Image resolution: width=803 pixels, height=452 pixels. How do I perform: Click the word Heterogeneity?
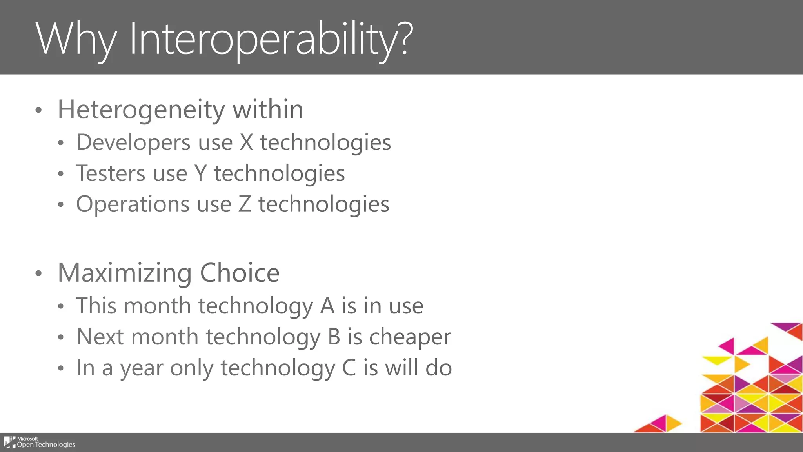tap(141, 110)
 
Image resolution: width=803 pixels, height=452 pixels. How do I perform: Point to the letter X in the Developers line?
tap(246, 142)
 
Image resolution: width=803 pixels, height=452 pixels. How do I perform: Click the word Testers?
tap(110, 173)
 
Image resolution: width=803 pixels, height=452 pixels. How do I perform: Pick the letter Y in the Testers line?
tap(200, 173)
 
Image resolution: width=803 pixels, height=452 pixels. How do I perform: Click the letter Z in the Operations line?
tap(245, 204)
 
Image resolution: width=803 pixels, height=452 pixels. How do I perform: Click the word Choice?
tap(240, 273)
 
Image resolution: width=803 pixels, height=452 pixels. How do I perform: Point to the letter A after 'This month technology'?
tap(327, 306)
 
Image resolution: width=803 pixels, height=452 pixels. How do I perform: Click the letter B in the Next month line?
tap(334, 337)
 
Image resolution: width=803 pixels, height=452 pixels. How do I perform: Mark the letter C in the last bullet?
tap(349, 368)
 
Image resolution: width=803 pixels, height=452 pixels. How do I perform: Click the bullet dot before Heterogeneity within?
tap(38, 110)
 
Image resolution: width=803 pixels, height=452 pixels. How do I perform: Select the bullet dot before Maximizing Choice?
tap(38, 273)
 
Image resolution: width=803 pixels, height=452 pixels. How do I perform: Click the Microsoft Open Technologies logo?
tap(39, 442)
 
